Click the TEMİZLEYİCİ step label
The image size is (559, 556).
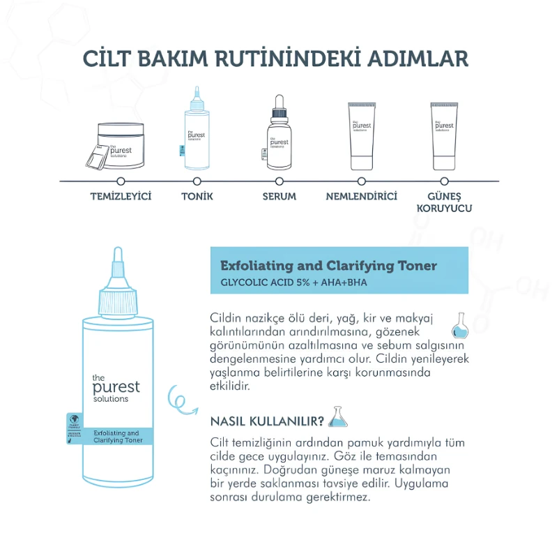click(x=121, y=197)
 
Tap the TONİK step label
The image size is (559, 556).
click(x=197, y=197)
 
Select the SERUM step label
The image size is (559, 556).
click(x=279, y=197)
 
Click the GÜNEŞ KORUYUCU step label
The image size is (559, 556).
click(x=444, y=202)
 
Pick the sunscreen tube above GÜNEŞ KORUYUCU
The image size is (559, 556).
click(x=445, y=136)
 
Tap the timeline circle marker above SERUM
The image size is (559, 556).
click(x=279, y=181)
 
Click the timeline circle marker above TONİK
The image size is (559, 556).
click(x=197, y=181)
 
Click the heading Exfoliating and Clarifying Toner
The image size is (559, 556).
click(x=328, y=266)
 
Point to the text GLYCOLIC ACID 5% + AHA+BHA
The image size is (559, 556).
click(x=293, y=283)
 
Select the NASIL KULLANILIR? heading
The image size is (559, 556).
click(x=267, y=421)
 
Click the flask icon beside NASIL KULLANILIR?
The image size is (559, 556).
click(x=338, y=417)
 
